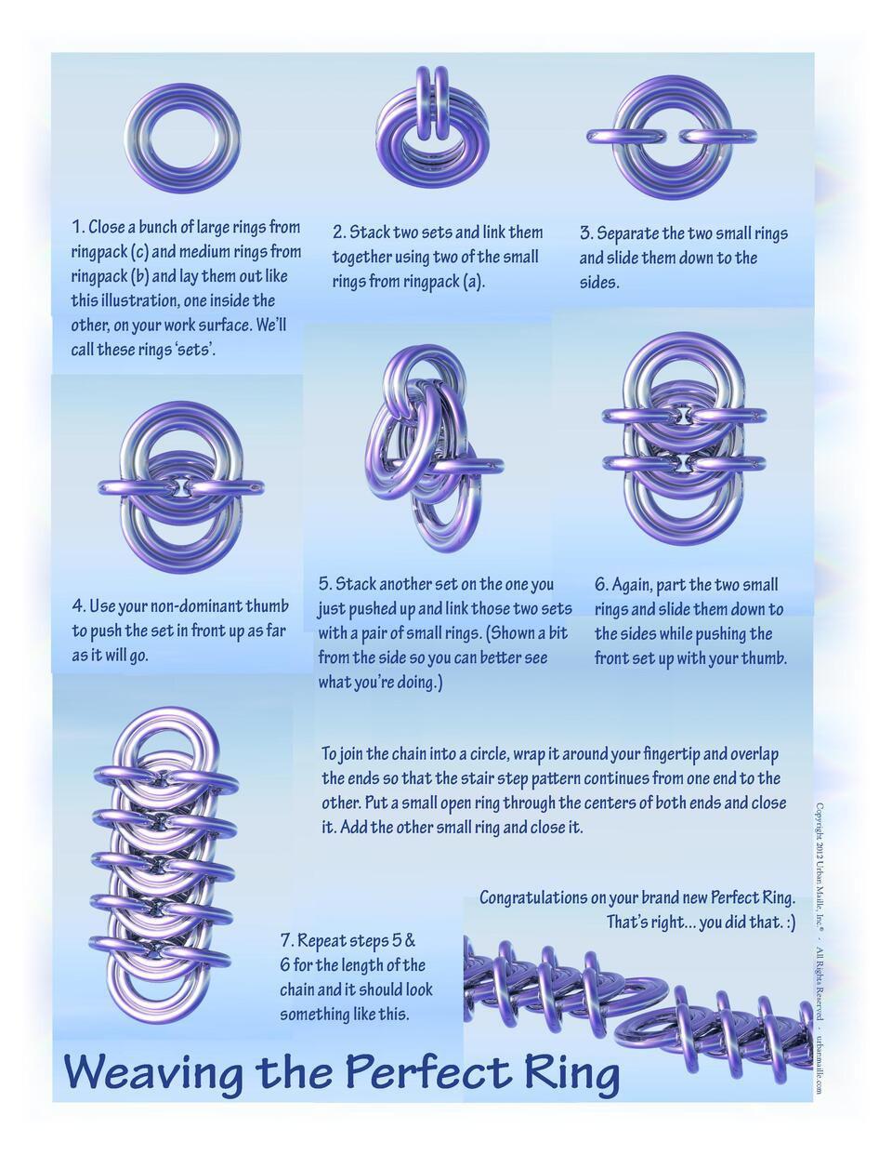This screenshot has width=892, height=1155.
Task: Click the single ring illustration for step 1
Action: (x=183, y=137)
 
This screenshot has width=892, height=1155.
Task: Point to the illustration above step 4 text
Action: (x=182, y=485)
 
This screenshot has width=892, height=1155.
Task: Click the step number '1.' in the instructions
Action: (x=79, y=227)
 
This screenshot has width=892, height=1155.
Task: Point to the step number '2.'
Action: (x=339, y=232)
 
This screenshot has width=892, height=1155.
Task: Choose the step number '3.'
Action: (x=586, y=233)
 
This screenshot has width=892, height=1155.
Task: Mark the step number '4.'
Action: (x=79, y=606)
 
